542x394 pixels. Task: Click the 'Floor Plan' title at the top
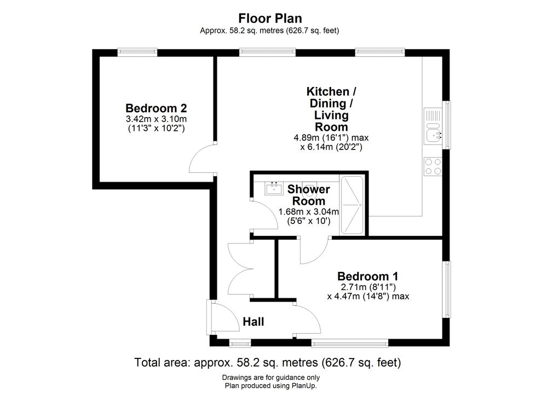click(x=270, y=18)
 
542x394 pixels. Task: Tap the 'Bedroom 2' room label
click(x=156, y=108)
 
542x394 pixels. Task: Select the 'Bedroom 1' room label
click(x=368, y=276)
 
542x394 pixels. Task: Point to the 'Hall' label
click(x=253, y=322)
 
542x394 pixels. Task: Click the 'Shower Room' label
click(x=309, y=195)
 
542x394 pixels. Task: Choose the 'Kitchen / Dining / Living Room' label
click(x=331, y=109)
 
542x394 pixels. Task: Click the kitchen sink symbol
click(x=433, y=126)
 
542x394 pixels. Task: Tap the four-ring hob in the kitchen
click(x=433, y=166)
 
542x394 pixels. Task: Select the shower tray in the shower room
click(x=352, y=205)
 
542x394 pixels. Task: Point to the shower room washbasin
click(x=274, y=188)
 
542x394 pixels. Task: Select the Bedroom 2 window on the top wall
click(x=137, y=52)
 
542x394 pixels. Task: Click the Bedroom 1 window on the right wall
click(x=447, y=289)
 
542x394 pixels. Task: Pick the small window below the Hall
click(x=240, y=343)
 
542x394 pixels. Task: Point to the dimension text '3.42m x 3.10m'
click(x=156, y=119)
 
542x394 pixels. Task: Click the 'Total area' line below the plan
click(x=268, y=363)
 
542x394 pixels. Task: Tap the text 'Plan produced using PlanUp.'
click(x=270, y=386)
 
